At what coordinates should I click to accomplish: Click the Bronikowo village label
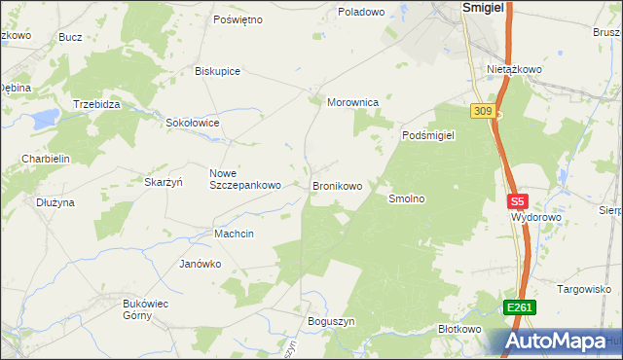(x=337, y=185)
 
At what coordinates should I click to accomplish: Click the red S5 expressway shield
(x=517, y=202)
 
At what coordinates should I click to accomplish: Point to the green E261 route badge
(x=519, y=308)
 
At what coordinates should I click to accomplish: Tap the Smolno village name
(x=408, y=198)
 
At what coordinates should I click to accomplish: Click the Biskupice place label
(x=217, y=71)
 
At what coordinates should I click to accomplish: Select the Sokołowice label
(x=193, y=124)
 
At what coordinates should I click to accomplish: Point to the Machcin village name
(x=234, y=234)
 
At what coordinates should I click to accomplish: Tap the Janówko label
(x=201, y=264)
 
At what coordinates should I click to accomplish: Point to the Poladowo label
(x=361, y=12)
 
